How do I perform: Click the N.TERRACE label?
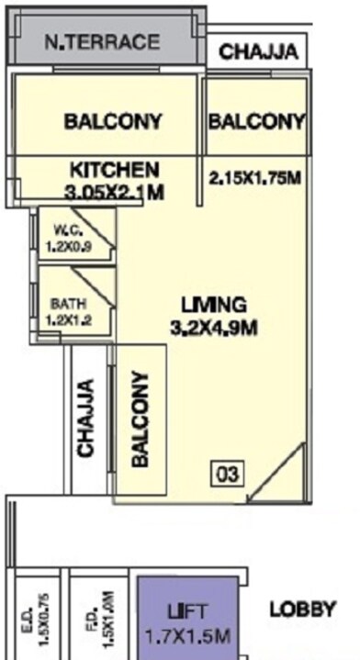(x=106, y=41)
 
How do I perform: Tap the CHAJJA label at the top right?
(x=258, y=52)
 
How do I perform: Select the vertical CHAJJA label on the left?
(x=87, y=418)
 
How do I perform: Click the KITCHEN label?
(x=116, y=170)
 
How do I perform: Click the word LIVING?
(x=214, y=304)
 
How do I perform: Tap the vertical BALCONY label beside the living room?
(x=141, y=420)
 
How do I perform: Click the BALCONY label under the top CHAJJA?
(x=256, y=121)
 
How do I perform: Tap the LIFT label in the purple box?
(x=188, y=610)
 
